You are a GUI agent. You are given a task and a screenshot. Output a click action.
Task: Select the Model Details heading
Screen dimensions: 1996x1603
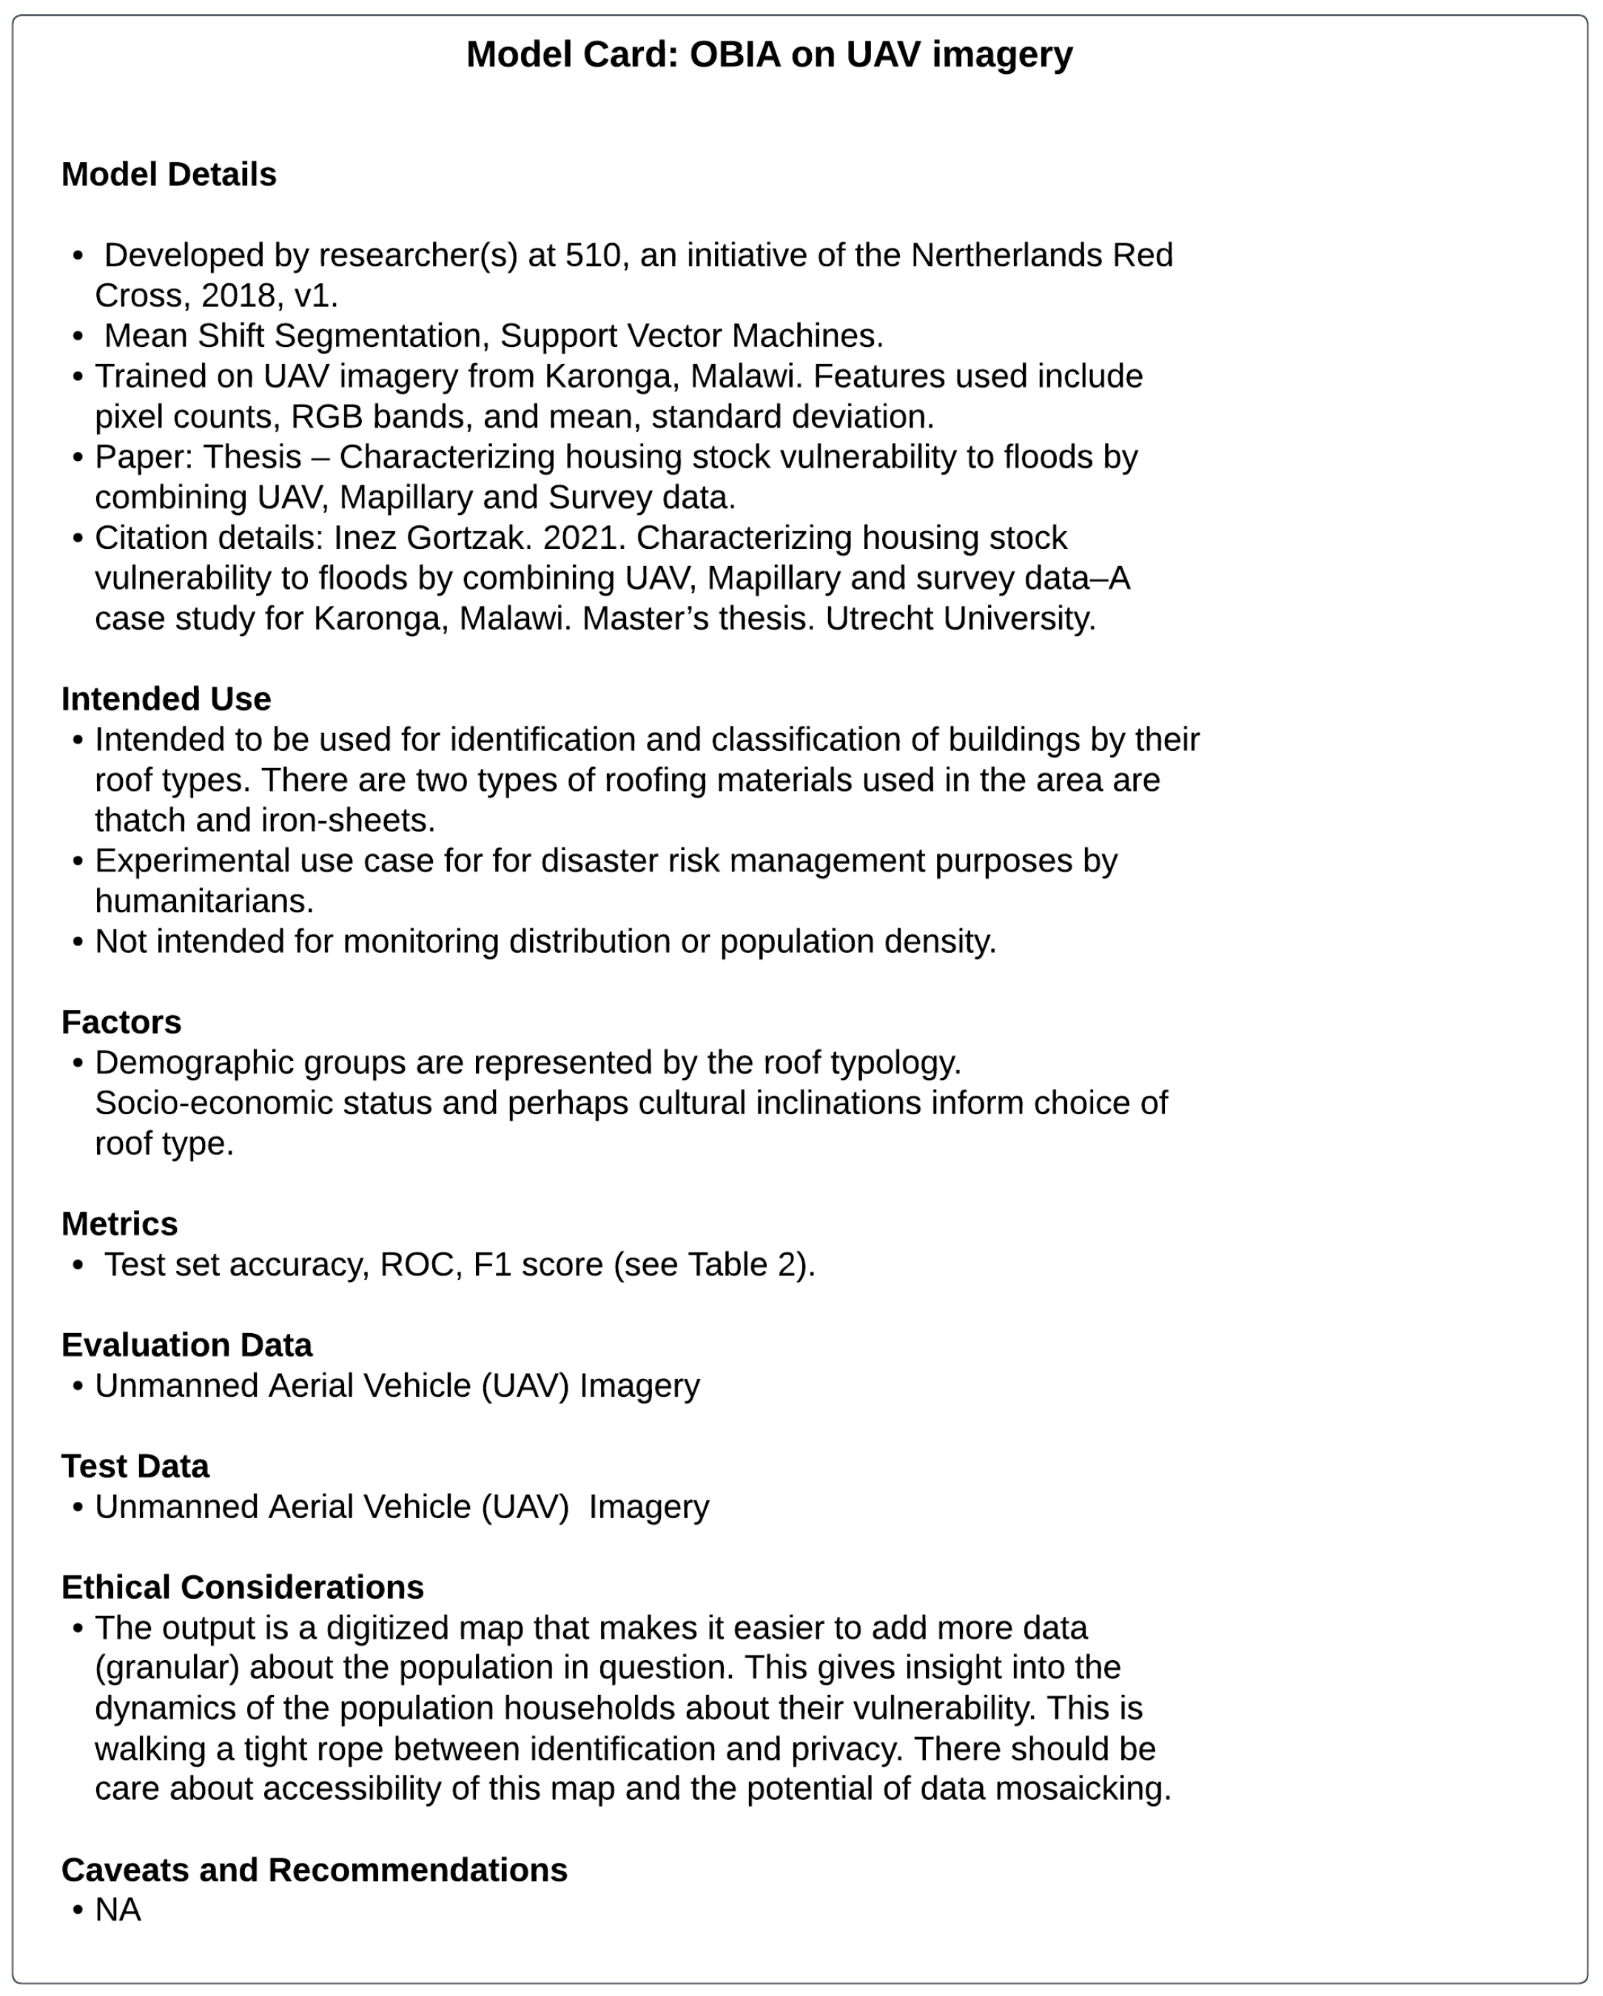[169, 174]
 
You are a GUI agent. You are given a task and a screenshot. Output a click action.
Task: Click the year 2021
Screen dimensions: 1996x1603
[579, 537]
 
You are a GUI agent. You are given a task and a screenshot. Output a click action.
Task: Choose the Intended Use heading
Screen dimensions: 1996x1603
[166, 699]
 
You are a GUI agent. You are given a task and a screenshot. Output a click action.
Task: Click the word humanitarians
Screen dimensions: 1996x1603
[204, 901]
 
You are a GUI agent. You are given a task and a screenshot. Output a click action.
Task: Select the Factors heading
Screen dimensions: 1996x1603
[121, 1022]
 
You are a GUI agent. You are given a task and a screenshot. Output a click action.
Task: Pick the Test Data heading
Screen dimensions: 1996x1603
[135, 1466]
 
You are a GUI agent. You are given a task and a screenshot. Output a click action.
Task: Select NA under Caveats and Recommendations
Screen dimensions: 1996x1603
[118, 1910]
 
